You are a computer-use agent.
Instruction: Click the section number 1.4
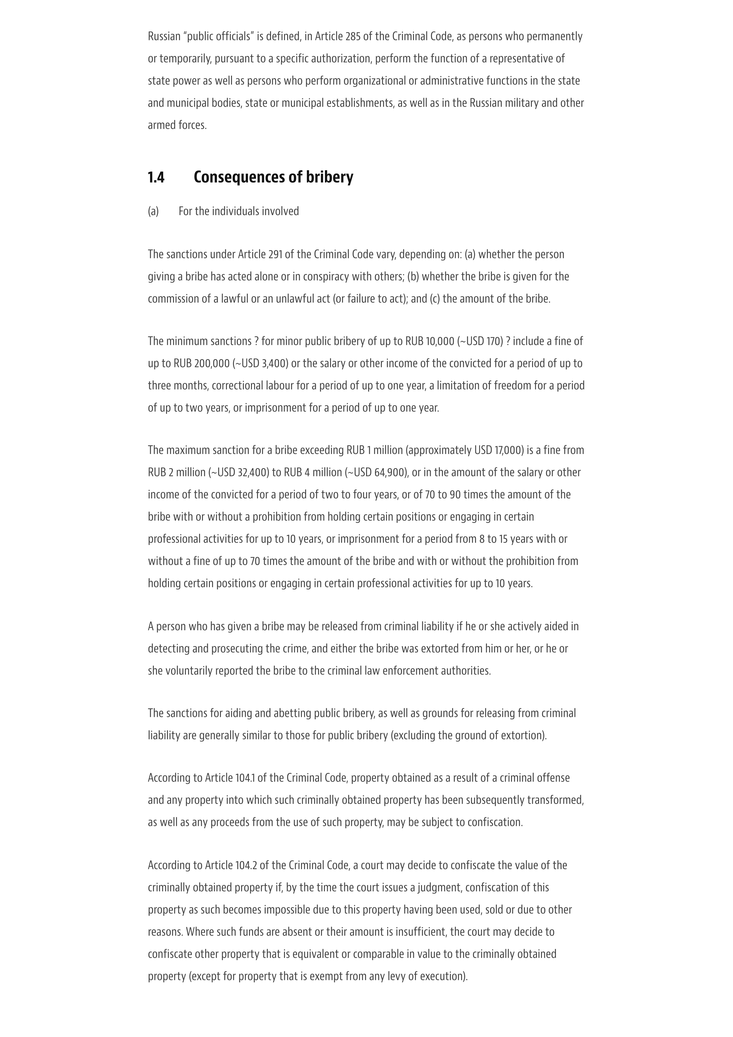156,177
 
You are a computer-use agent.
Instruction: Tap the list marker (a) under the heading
153,211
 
